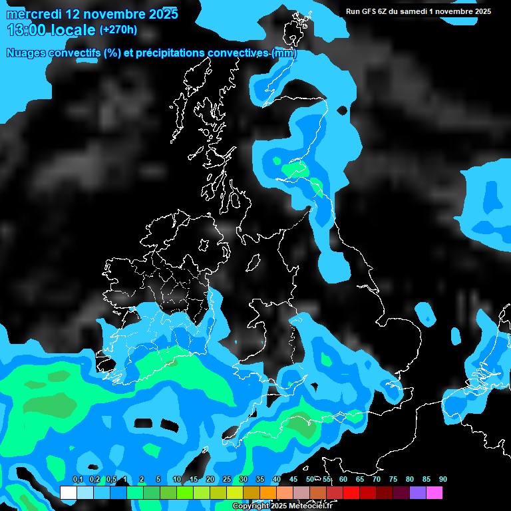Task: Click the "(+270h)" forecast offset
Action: pos(118,30)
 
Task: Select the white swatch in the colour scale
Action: pos(68,493)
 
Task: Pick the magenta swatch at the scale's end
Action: pos(434,493)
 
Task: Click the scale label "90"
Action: pos(443,480)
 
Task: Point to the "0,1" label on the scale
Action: pos(78,480)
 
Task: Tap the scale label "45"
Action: pos(293,480)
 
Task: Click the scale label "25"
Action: pos(227,480)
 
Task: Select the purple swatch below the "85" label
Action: pos(418,493)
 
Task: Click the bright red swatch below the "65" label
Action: pos(351,493)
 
